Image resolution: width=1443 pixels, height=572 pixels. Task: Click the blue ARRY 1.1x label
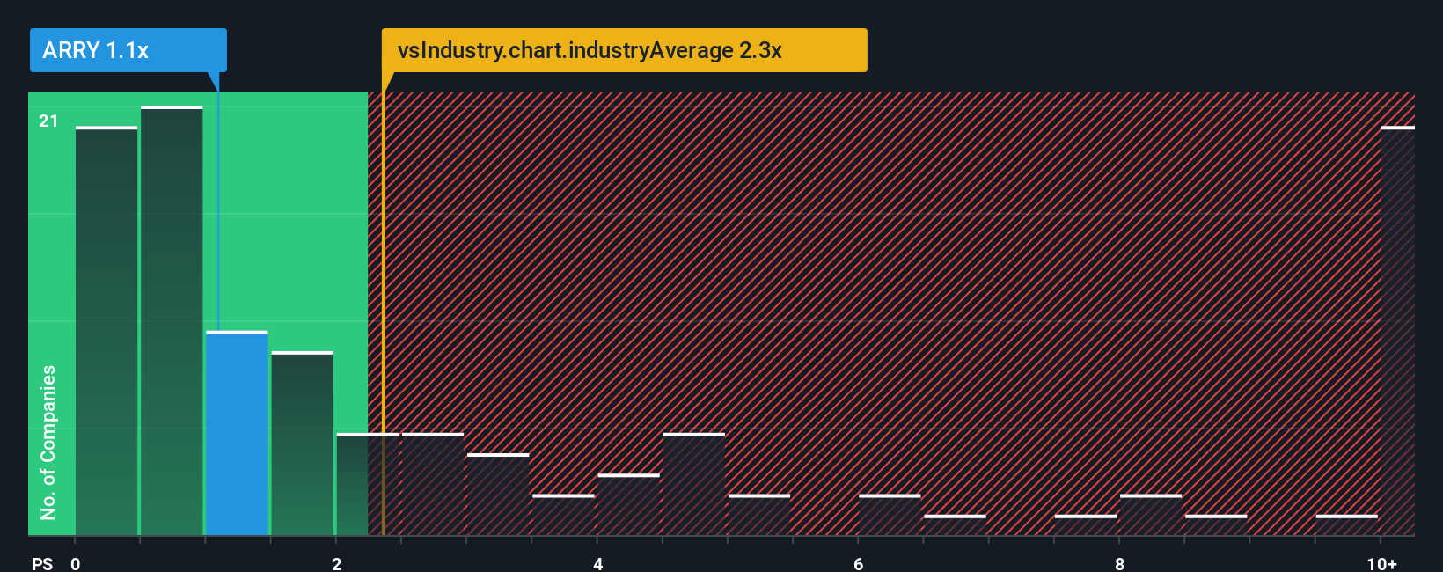tap(128, 50)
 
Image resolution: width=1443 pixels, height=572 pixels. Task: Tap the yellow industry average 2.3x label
tap(624, 50)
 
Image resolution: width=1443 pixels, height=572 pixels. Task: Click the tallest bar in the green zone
tap(172, 321)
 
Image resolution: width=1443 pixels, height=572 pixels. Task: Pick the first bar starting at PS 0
tap(106, 331)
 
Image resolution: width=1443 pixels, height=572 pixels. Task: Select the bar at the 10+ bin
tap(1397, 331)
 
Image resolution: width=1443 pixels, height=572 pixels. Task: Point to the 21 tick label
tap(48, 121)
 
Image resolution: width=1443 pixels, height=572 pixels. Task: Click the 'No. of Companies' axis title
tap(48, 442)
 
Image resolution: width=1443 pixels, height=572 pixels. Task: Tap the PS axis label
tap(42, 563)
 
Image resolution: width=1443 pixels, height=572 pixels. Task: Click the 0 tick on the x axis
tap(76, 563)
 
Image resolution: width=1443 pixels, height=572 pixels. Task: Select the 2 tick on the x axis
tap(336, 563)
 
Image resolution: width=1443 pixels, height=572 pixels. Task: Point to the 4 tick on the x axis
tap(597, 563)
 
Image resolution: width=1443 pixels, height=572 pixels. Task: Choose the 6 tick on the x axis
tap(859, 563)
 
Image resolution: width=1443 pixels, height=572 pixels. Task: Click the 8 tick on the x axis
tap(1119, 563)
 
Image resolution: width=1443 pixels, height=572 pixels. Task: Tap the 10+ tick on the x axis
tap(1381, 563)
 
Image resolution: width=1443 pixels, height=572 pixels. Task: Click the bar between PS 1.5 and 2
tap(302, 444)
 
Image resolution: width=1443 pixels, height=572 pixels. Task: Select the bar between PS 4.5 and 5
tap(694, 484)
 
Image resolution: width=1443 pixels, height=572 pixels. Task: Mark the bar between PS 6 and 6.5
tap(890, 515)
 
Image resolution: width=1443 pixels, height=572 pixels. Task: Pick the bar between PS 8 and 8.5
tap(1151, 515)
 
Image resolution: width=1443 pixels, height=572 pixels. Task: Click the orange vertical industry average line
tap(384, 308)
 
